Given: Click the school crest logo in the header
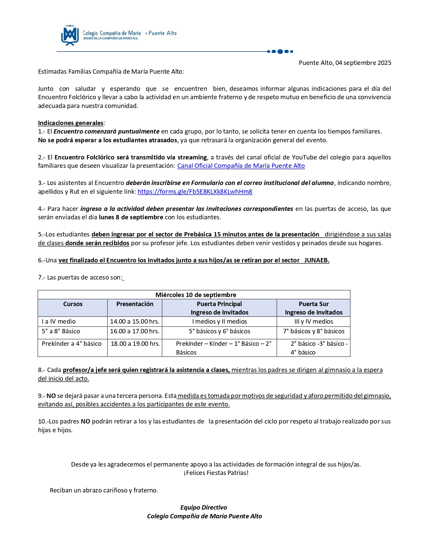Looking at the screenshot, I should [70, 35].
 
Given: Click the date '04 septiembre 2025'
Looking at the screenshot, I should [363, 63].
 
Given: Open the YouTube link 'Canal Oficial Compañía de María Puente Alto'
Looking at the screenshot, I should [241, 166].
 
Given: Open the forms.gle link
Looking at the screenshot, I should [195, 192].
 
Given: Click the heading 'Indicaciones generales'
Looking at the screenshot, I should [71, 123].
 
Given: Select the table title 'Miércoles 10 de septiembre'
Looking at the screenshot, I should [196, 295].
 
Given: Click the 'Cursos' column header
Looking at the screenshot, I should [73, 304].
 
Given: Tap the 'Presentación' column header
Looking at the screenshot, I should [135, 304].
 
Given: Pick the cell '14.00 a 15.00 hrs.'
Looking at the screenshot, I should [135, 322].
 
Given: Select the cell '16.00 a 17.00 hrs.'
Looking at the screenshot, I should [135, 331].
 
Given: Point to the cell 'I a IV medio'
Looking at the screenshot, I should [59, 322].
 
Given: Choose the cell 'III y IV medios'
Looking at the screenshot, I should [314, 322].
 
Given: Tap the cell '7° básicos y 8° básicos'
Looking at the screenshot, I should [314, 331].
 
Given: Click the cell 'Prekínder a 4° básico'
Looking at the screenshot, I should [72, 344].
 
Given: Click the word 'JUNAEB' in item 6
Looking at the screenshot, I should [316, 260].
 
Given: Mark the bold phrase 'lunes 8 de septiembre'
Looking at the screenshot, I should [131, 217].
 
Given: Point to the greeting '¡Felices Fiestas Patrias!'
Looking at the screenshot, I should [216, 473].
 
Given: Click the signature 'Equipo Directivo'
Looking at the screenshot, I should [204, 508].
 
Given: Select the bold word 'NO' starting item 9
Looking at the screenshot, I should [51, 396].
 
